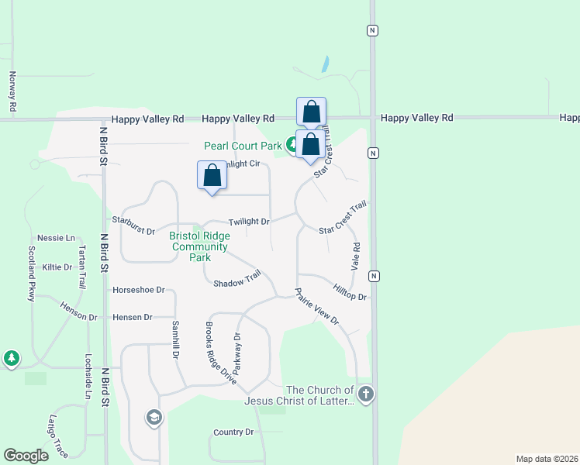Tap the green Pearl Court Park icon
[x=291, y=144]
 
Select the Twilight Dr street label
[x=248, y=222]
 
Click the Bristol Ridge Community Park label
[x=200, y=246]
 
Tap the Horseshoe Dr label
[x=139, y=290]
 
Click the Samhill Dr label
[x=176, y=339]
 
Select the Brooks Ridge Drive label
[x=220, y=352]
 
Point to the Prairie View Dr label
[x=316, y=307]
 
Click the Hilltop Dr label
[x=350, y=291]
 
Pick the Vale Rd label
[x=356, y=256]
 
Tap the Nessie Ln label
[x=56, y=238]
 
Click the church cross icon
[x=366, y=394]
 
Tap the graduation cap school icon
[x=154, y=418]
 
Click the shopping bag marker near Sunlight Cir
[x=212, y=176]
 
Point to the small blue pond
[x=326, y=64]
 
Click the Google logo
[x=26, y=456]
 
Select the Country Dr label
[x=233, y=432]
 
